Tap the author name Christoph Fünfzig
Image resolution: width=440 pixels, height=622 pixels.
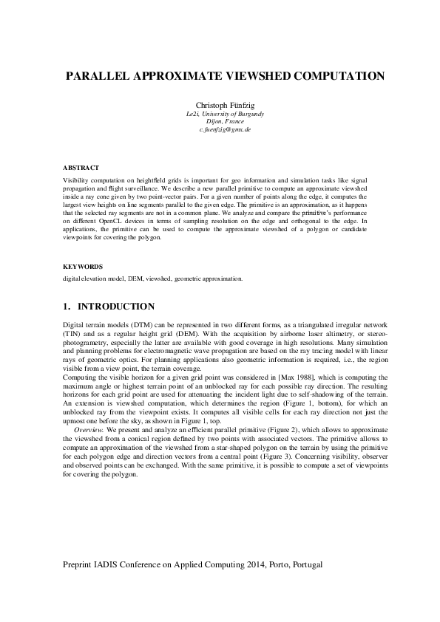(220, 106)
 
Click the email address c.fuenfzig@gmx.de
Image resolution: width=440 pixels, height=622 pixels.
(220, 130)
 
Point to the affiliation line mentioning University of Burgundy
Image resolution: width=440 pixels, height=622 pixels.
(220, 114)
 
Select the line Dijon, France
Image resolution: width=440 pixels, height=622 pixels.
(220, 122)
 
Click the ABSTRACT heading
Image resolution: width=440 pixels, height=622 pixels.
(81, 168)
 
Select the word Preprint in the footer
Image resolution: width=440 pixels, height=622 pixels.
(82, 563)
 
